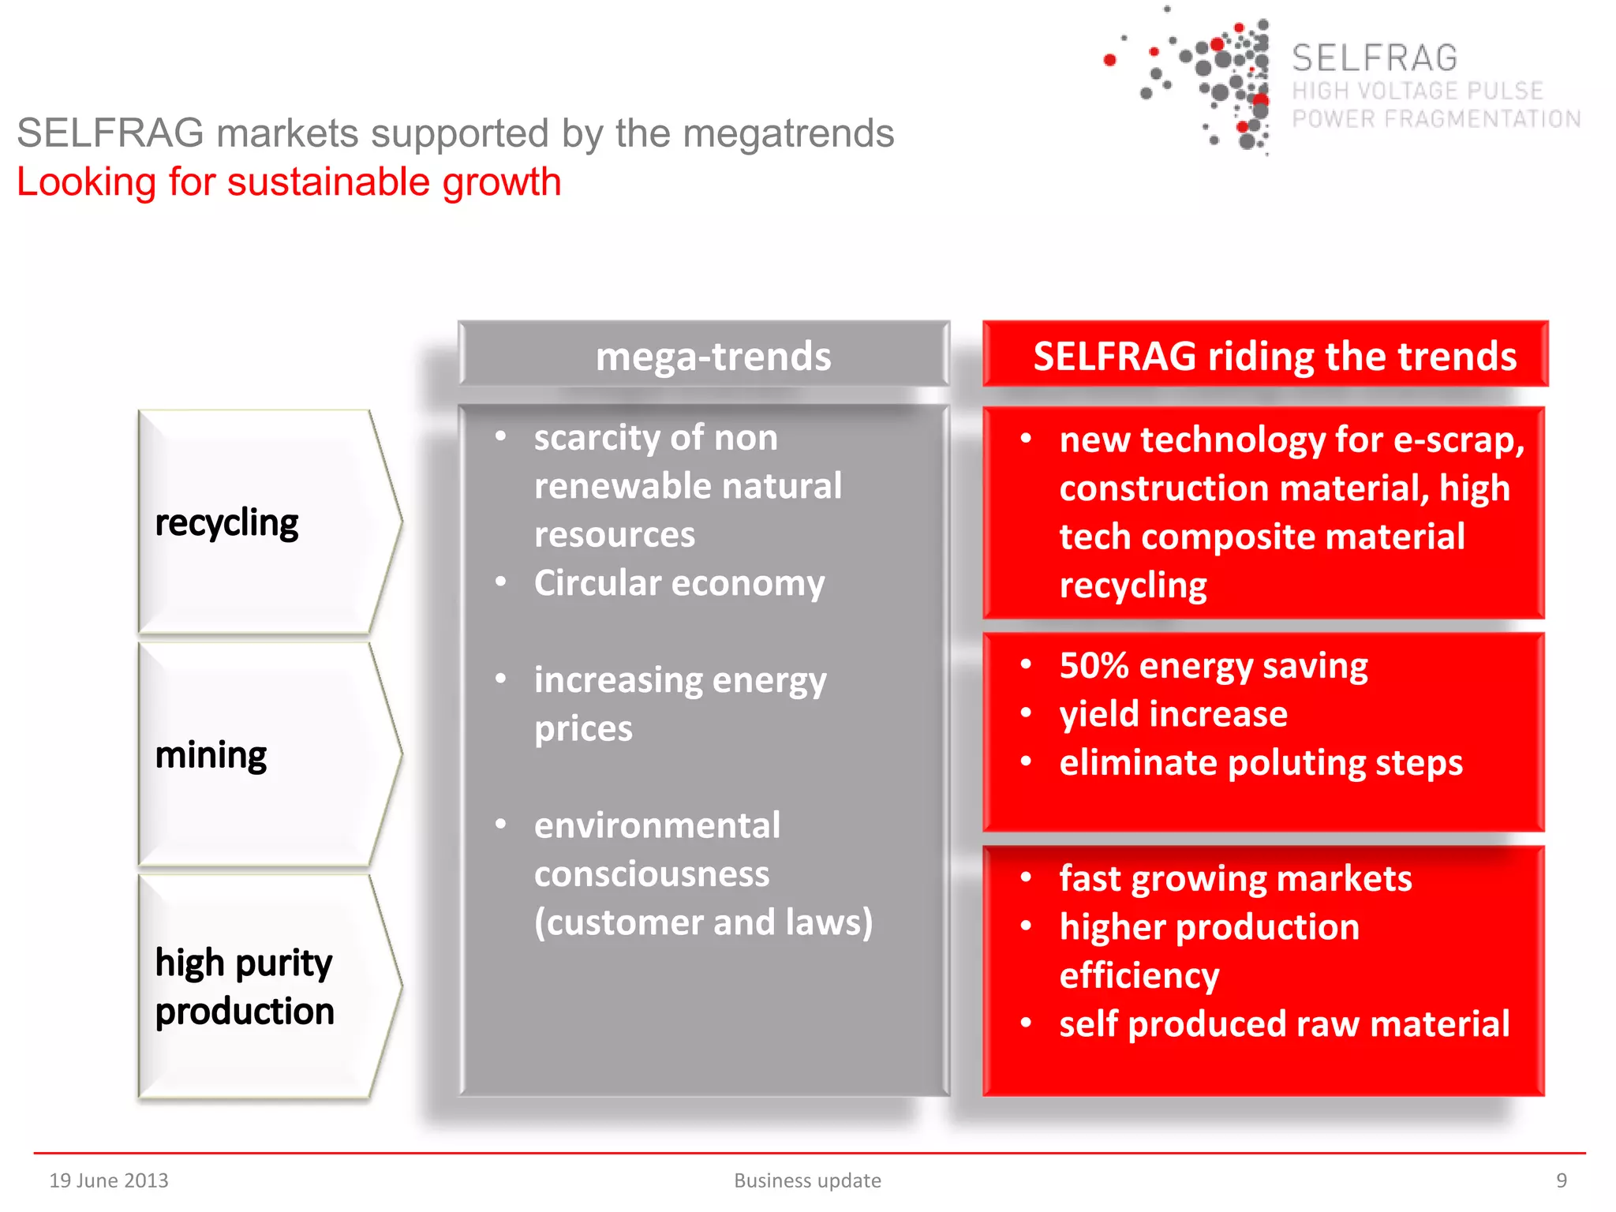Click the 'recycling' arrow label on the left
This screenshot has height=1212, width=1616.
(226, 523)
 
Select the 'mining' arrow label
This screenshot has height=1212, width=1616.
(211, 755)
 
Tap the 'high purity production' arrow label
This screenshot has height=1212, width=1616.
(245, 987)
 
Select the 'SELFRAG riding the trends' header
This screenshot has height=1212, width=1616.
(1274, 356)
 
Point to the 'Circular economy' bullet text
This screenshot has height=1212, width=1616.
(679, 583)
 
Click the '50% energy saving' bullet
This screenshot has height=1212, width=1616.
(1213, 665)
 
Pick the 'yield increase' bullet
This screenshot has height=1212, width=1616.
(1173, 714)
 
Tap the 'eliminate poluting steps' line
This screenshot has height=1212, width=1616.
(1260, 763)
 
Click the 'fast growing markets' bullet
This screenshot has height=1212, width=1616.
(1235, 878)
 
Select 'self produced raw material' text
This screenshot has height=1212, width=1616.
(1284, 1023)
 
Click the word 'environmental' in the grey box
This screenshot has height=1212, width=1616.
(656, 825)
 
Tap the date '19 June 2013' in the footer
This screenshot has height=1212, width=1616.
(109, 1180)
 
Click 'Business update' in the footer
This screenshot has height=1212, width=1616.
(807, 1180)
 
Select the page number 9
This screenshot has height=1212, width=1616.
(1561, 1180)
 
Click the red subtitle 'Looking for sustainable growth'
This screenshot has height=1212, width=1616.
(289, 182)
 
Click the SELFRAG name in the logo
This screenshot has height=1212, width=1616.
(1374, 58)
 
